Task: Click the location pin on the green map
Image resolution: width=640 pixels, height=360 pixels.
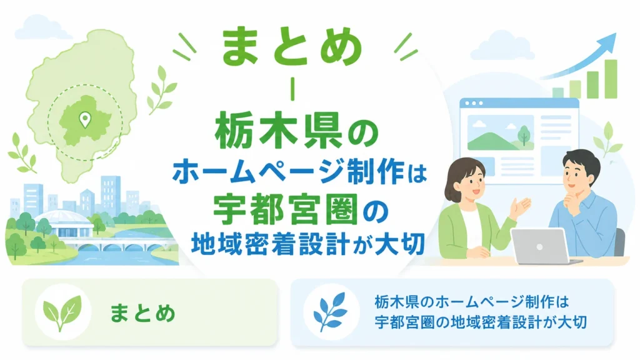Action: [85, 119]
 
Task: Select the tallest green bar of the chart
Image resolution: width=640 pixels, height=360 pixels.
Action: [611, 79]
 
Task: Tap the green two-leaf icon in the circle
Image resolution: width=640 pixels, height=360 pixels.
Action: [62, 312]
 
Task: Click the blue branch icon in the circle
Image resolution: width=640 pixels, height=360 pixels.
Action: [330, 312]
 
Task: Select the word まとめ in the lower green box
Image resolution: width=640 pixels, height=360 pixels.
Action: [142, 313]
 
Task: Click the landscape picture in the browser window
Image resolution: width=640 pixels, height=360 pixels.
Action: [501, 132]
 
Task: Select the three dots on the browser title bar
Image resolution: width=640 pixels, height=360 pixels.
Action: [474, 103]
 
